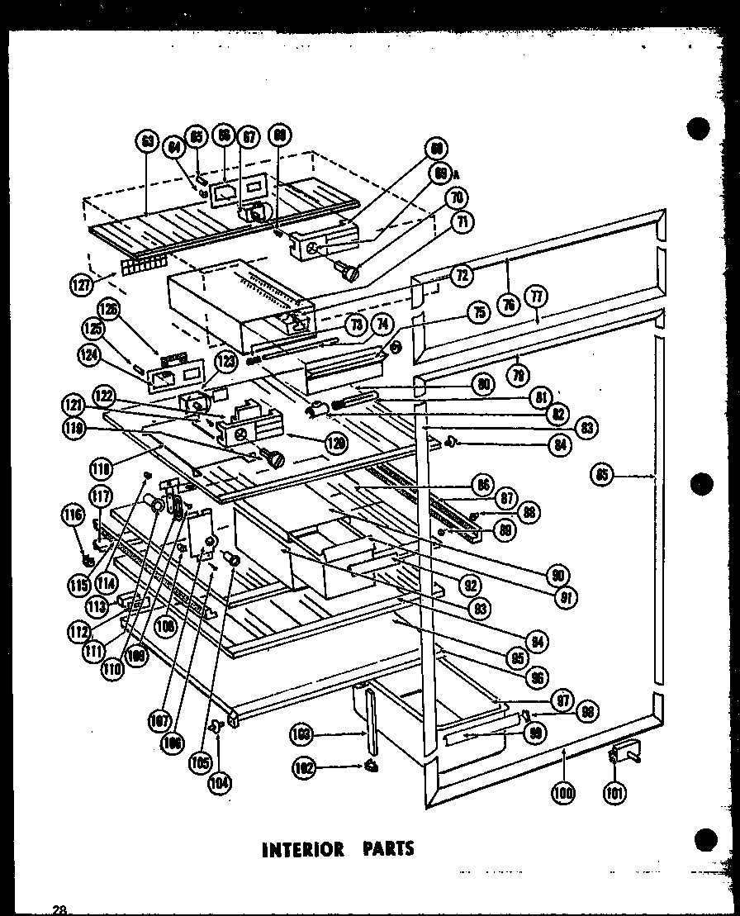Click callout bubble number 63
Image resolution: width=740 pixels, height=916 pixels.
click(x=147, y=142)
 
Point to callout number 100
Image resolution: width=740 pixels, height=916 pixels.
click(x=563, y=793)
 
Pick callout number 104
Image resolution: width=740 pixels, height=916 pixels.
click(x=220, y=781)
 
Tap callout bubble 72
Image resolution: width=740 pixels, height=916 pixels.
click(x=461, y=276)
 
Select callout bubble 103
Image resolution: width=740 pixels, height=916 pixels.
click(x=304, y=733)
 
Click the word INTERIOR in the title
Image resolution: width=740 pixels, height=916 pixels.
click(x=302, y=850)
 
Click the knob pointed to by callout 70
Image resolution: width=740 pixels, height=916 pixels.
click(x=351, y=270)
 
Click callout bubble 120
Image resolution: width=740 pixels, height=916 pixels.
click(x=335, y=443)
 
